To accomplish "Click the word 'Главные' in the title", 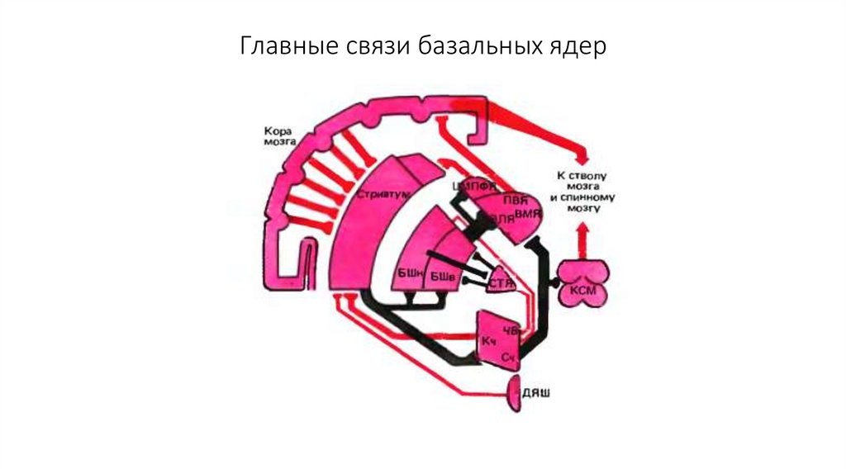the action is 284,46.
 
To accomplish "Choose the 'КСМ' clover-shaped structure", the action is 582,282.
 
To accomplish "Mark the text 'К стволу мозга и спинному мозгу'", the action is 582,192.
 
